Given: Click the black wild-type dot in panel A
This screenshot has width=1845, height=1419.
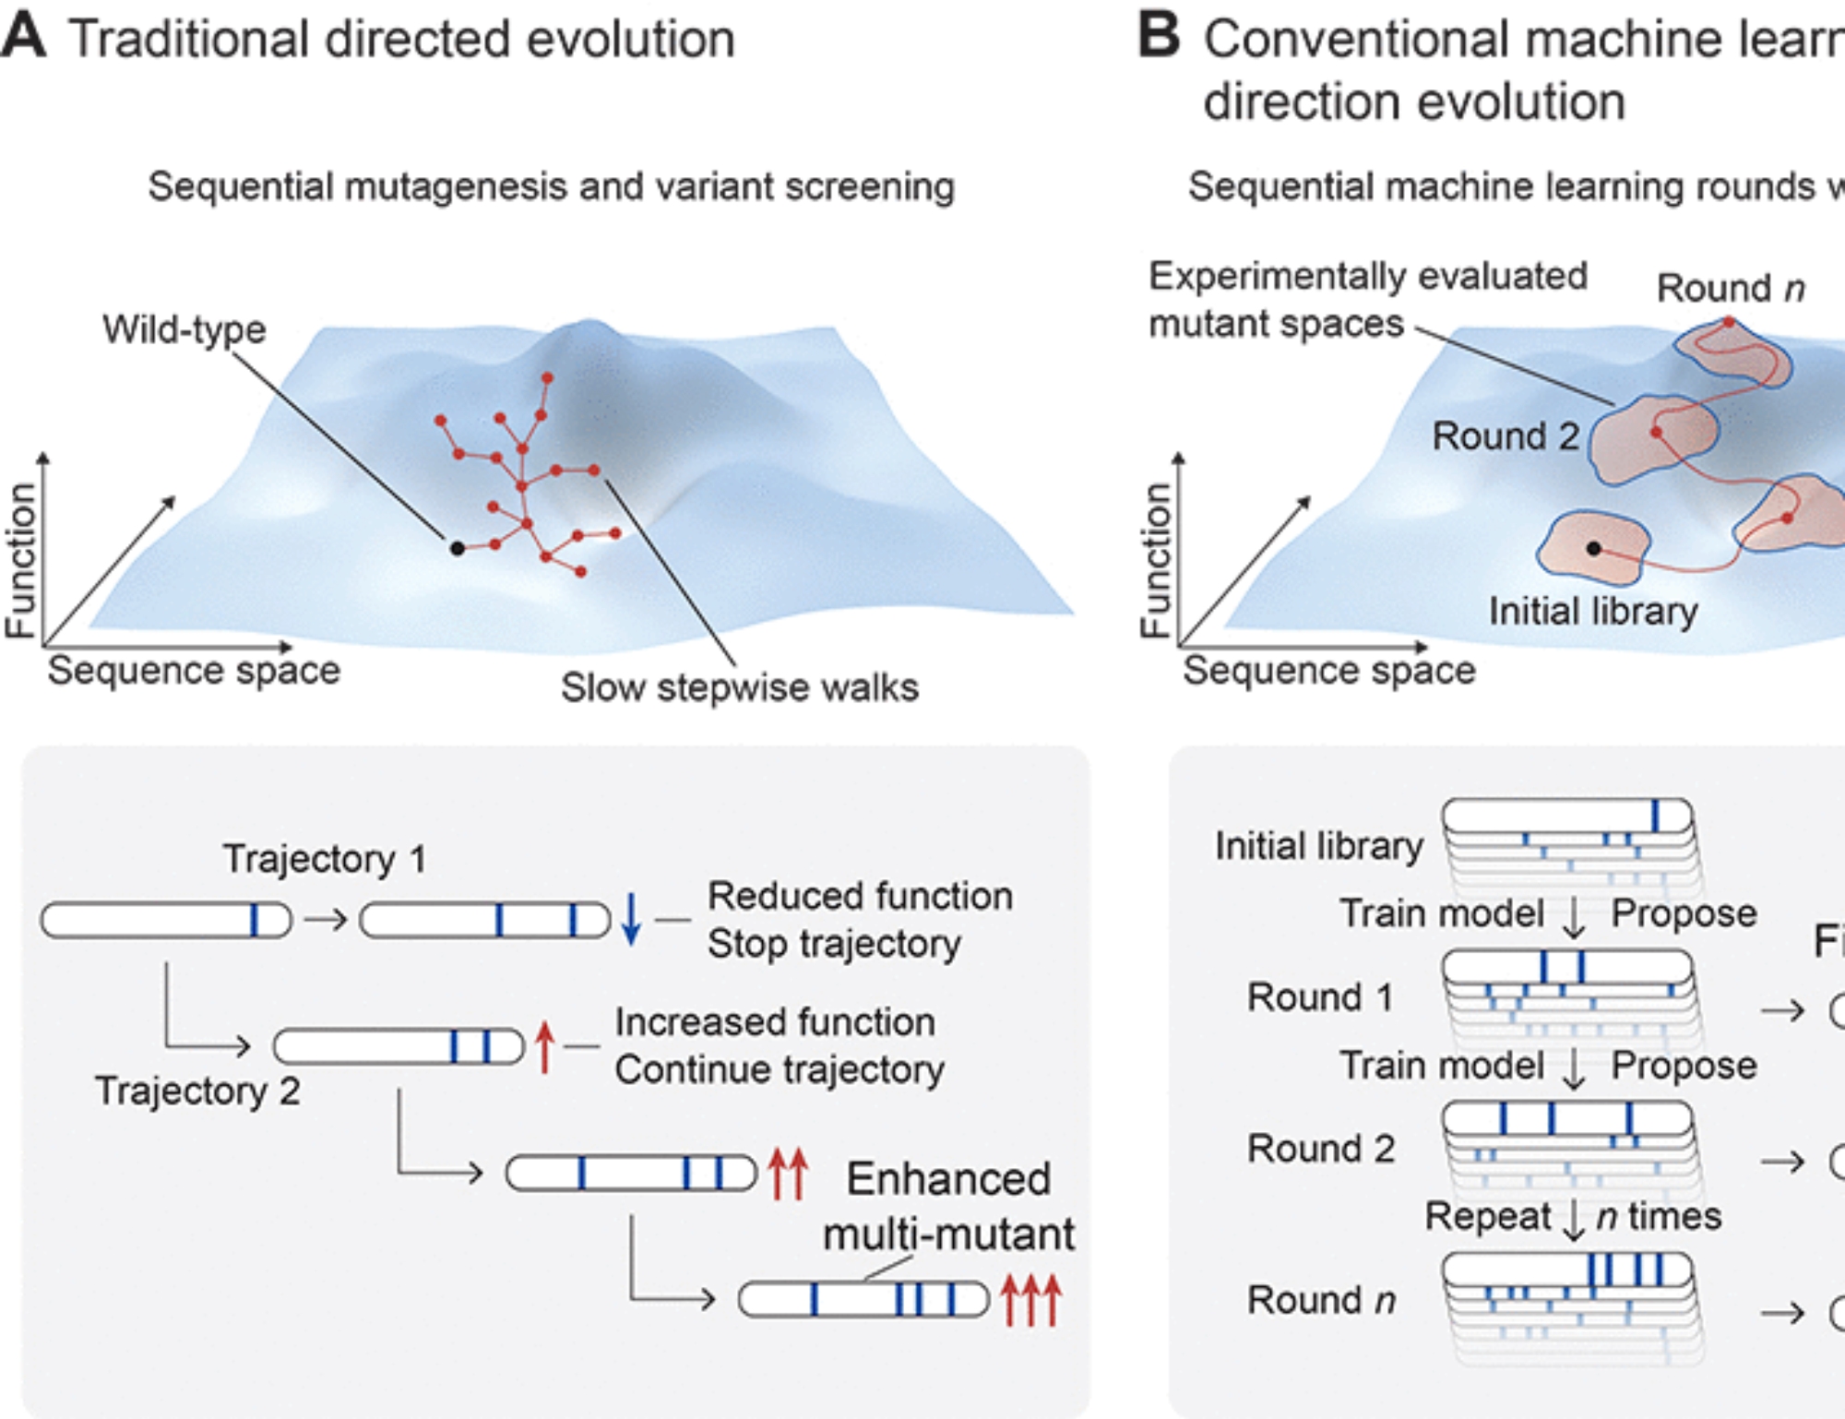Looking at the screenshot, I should point(457,548).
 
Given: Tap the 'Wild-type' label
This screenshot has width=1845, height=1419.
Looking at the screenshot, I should point(184,329).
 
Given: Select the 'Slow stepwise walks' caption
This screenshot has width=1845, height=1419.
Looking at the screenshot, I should point(739,687).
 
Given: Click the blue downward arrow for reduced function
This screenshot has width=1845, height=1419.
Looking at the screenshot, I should point(631,919).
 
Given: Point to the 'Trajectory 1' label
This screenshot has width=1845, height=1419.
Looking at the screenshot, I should point(324,859).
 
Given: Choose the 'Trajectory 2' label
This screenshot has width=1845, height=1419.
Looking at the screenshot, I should point(197,1091).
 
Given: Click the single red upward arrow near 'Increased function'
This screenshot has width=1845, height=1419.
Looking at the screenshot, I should point(544,1047).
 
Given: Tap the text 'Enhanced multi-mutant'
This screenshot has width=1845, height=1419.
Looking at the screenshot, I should point(948,1206).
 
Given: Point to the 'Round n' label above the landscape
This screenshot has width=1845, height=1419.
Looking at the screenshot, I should point(1730,288).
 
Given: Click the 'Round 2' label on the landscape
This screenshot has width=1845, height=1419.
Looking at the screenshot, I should point(1505,435).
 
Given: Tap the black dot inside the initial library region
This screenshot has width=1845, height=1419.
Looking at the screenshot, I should point(1593,548).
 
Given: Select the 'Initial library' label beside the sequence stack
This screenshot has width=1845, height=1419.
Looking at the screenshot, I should point(1318,846).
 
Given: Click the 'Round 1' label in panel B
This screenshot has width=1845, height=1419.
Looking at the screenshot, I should point(1319,997).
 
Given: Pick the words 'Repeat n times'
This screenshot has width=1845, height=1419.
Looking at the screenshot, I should point(1573,1216).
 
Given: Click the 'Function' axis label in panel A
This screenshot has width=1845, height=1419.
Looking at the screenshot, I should point(20,560).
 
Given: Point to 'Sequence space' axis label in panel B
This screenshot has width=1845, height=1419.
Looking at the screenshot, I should point(1328,670).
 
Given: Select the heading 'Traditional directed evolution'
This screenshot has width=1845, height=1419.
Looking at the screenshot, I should point(401,40).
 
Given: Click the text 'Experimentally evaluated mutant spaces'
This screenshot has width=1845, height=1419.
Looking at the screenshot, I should point(1367,300).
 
